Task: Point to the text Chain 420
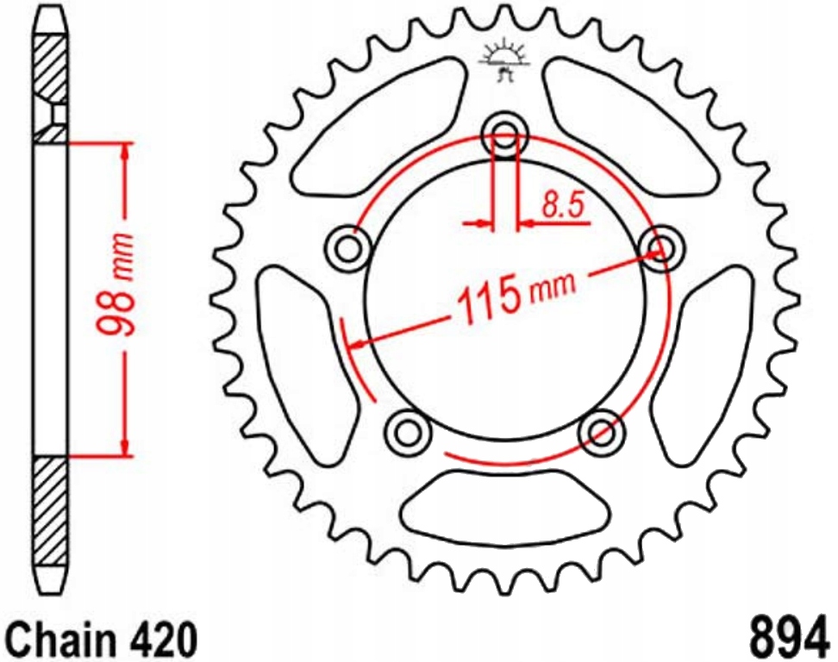pyautogui.click(x=101, y=639)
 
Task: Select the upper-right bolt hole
pyautogui.click(x=662, y=247)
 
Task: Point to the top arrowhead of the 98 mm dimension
pyautogui.click(x=127, y=152)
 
